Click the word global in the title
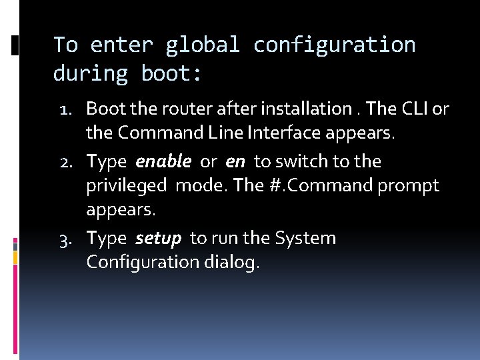click(202, 45)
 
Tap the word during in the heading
click(90, 73)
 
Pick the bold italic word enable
click(163, 161)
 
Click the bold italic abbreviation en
click(235, 161)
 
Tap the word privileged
click(127, 186)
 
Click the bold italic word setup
click(158, 239)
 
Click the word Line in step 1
click(226, 133)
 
